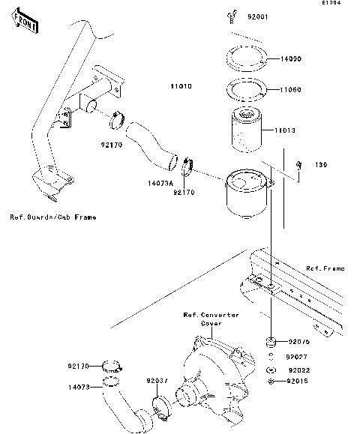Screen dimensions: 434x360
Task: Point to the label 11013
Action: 286,130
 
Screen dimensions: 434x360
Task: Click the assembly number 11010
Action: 181,87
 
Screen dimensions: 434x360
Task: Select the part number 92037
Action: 157,381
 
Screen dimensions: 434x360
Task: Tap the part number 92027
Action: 298,356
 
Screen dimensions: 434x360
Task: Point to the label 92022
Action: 298,370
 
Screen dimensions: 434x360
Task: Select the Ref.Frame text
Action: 324,268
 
